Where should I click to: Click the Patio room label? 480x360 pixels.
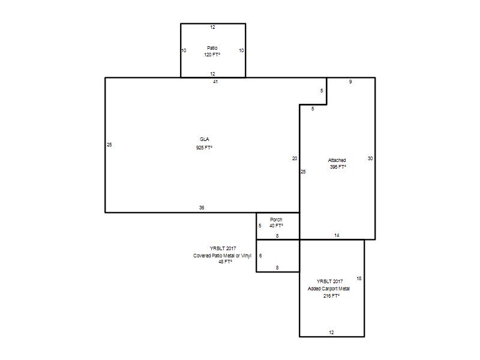(212, 48)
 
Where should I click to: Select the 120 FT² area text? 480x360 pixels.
(212, 55)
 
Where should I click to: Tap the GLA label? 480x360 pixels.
(205, 139)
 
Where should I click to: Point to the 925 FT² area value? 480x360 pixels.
(204, 148)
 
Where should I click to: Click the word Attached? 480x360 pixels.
(337, 160)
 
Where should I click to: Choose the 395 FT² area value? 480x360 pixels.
(338, 167)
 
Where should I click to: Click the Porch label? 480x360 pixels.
(276, 220)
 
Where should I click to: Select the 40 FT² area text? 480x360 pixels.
(276, 226)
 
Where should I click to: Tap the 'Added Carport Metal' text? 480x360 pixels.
(328, 289)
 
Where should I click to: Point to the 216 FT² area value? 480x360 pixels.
(331, 296)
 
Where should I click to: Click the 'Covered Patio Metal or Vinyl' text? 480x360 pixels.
(222, 256)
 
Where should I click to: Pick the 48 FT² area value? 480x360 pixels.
(225, 262)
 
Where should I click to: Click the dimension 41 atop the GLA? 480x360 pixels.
(215, 82)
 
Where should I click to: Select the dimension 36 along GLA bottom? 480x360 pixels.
(202, 208)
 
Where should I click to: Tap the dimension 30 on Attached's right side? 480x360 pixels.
(370, 158)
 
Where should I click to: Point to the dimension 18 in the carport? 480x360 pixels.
(359, 278)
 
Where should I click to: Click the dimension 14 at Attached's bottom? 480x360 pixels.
(337, 235)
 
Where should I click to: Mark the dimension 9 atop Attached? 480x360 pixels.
(350, 82)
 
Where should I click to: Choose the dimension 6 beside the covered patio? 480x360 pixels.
(260, 256)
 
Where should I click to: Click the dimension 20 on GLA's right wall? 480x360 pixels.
(295, 158)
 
